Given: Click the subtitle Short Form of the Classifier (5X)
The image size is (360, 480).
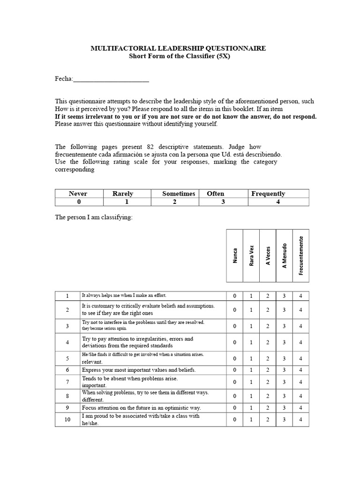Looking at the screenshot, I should [x=180, y=56].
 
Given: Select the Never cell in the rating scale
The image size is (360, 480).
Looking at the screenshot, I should [x=78, y=194].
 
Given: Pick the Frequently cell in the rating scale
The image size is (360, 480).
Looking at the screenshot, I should [x=268, y=194].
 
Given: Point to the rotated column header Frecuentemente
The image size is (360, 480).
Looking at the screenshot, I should [x=300, y=255].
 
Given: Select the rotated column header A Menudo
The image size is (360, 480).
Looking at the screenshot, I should [x=284, y=255].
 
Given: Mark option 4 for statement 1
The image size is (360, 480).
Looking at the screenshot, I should [x=300, y=296].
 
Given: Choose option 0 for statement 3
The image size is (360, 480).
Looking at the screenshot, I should [x=234, y=326].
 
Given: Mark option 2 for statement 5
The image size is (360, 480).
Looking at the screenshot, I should [x=268, y=359].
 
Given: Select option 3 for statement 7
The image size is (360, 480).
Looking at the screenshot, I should [x=284, y=382].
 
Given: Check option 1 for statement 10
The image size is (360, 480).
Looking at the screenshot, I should [x=251, y=420].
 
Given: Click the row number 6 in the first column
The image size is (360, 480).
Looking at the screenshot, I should [x=67, y=370].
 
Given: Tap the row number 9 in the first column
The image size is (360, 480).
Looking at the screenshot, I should [x=67, y=408].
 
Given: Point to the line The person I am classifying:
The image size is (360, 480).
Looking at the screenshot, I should [x=94, y=217].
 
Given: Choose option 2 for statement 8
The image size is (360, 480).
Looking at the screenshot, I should [x=268, y=396].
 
